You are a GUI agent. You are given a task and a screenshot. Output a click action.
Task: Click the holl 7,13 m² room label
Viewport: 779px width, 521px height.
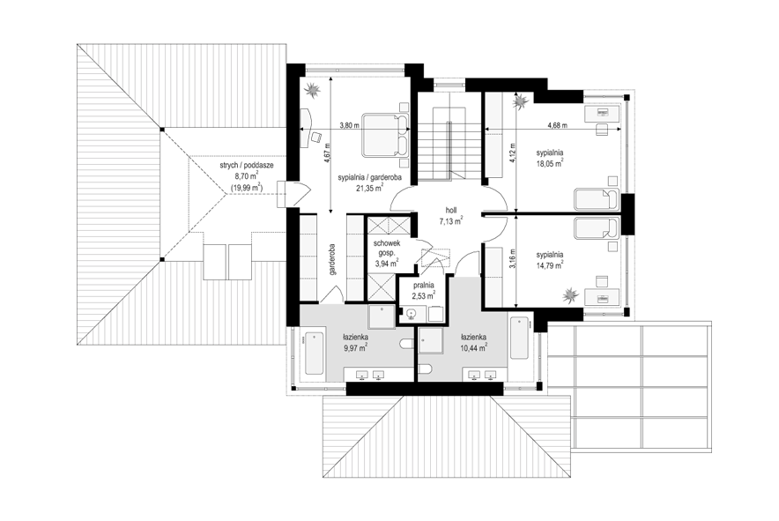tap(451, 216)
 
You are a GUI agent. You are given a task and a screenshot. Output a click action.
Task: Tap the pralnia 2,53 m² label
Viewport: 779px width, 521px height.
tap(423, 291)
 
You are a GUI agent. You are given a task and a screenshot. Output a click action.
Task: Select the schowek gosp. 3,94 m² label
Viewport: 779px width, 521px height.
tap(387, 254)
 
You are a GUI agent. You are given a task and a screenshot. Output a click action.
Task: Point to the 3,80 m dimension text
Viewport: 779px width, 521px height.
tap(349, 126)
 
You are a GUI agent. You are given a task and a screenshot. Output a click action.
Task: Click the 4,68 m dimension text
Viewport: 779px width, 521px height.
tap(557, 126)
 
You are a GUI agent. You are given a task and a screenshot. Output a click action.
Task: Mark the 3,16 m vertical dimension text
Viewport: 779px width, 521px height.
tap(513, 258)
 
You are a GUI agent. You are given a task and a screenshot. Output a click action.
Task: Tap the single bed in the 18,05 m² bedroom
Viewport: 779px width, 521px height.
tap(597, 199)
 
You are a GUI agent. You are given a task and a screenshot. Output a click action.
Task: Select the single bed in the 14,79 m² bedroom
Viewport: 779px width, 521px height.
tap(597, 227)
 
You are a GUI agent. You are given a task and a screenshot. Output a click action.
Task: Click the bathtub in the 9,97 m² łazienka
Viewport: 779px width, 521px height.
tap(315, 353)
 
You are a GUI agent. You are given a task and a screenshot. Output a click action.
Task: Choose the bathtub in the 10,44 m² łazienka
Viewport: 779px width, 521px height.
tap(519, 339)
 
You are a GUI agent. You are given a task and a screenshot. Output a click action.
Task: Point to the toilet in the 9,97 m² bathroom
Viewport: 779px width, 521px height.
tap(406, 344)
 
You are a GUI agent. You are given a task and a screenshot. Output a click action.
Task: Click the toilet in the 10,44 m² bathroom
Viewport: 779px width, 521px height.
tap(425, 368)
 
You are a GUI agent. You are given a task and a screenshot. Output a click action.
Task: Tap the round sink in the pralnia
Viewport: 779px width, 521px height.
tap(411, 314)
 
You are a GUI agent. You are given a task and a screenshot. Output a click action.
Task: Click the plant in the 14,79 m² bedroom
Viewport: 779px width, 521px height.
tap(570, 295)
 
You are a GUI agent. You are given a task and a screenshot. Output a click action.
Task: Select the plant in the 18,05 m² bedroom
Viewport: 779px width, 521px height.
tap(521, 101)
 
